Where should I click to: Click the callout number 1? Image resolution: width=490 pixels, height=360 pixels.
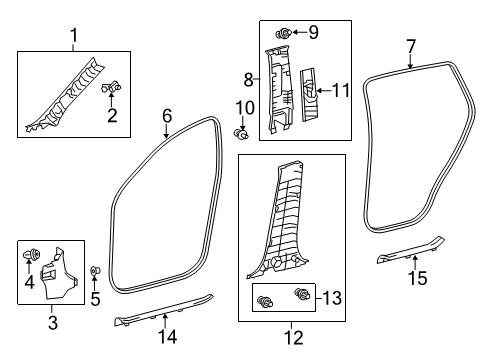(x=72, y=38)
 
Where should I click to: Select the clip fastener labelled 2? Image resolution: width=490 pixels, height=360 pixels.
(x=111, y=88)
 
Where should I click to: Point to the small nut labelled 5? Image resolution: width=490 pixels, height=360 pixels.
(x=94, y=271)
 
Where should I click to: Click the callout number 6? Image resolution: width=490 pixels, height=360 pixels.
(x=167, y=116)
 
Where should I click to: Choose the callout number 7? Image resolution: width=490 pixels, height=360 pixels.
(x=411, y=45)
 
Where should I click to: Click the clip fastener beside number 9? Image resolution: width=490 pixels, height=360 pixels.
(x=283, y=34)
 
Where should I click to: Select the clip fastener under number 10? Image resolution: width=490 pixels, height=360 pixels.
(x=241, y=133)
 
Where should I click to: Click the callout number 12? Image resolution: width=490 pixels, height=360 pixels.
(x=292, y=337)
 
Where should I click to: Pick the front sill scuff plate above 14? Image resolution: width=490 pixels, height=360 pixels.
(x=164, y=313)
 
